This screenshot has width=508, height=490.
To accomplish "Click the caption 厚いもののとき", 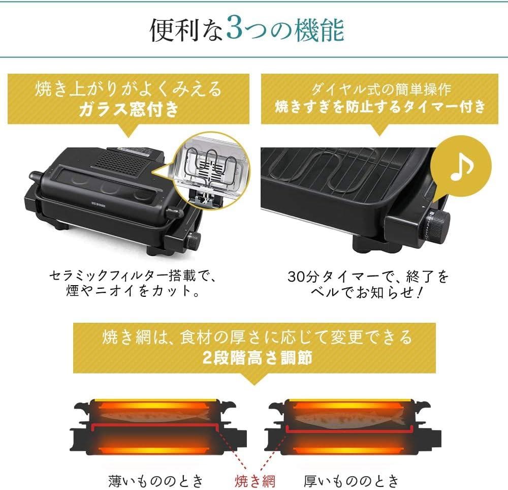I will pos(352,479).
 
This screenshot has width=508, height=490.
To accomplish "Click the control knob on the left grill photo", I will pos(195,238).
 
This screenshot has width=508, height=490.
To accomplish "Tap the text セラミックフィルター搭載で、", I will pos(131,277).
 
